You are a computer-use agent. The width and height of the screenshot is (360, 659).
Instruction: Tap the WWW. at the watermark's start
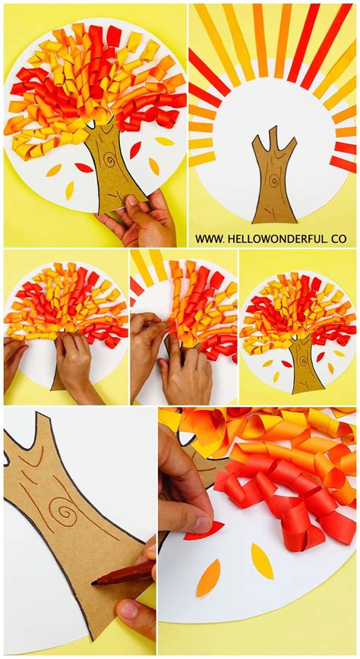(x=209, y=238)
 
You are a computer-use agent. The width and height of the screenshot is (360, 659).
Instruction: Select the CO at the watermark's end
(x=338, y=238)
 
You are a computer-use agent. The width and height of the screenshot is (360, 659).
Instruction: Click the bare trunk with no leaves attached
(x=273, y=182)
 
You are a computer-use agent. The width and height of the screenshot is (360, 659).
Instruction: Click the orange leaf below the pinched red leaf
(x=208, y=578)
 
